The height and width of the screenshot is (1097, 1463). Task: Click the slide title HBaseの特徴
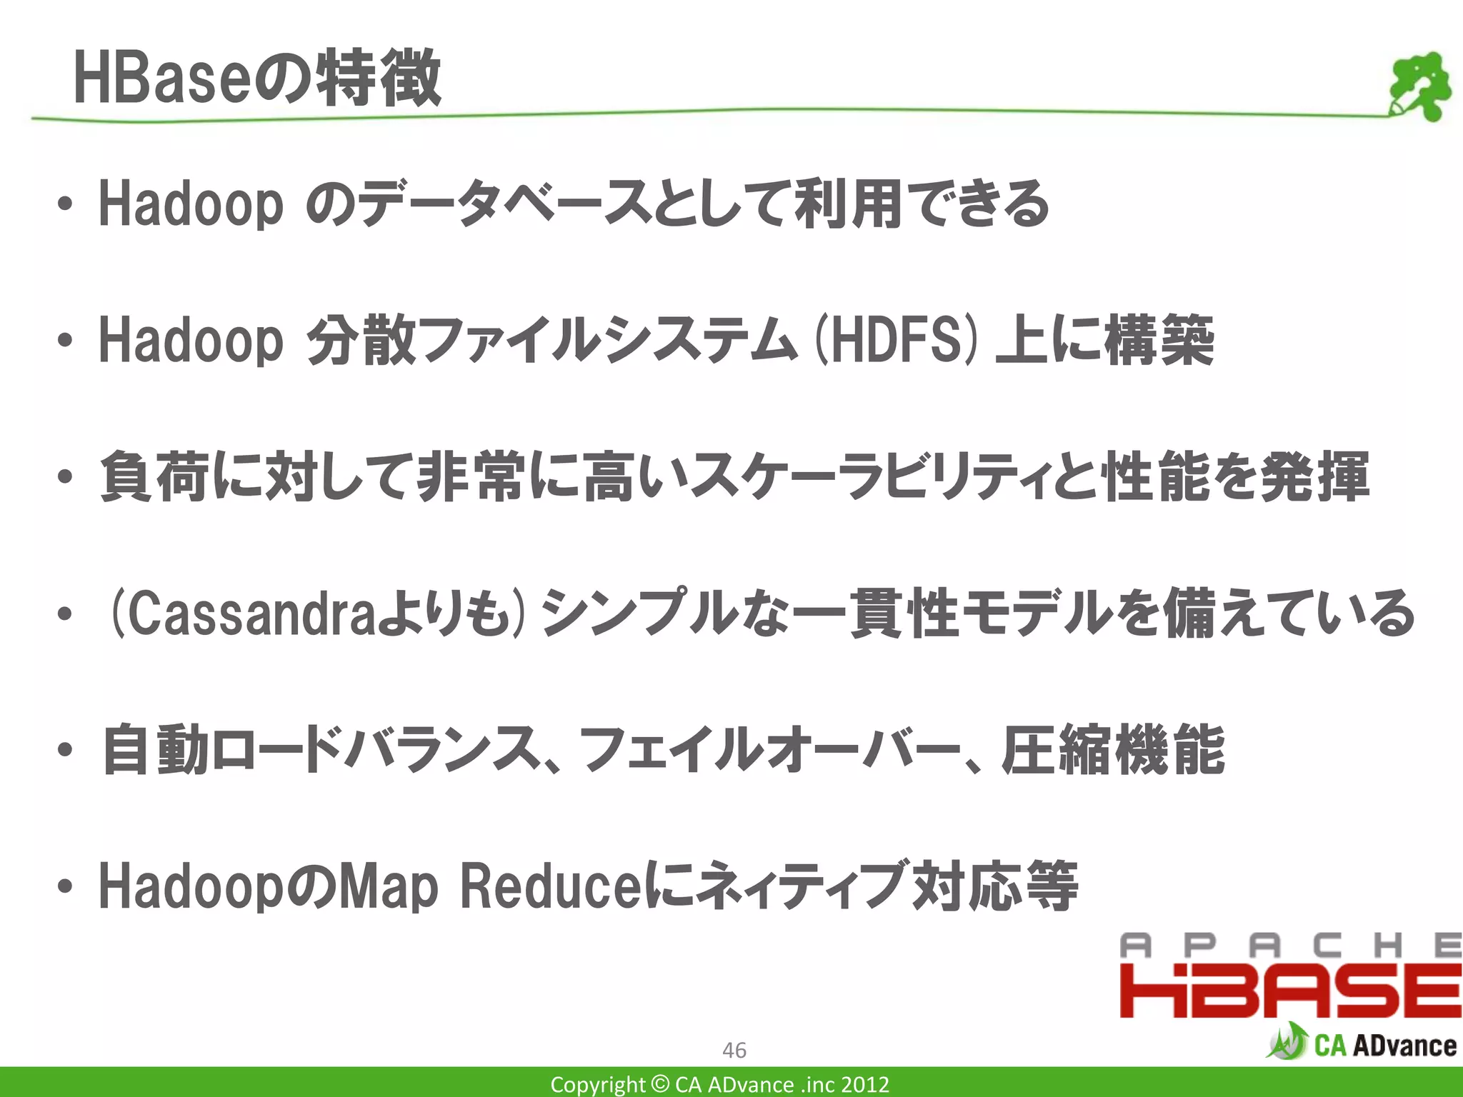[x=257, y=79]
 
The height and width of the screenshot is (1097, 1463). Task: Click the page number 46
[x=734, y=1050]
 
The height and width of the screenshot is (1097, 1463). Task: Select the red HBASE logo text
[x=1290, y=991]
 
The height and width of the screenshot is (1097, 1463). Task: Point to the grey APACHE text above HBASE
[x=1290, y=946]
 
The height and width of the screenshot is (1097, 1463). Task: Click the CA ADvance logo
[x=1362, y=1043]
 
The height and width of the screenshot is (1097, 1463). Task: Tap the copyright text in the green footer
[x=720, y=1084]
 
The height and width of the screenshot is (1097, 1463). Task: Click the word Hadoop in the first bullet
[x=191, y=204]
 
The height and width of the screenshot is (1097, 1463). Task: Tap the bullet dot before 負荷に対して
[x=65, y=477]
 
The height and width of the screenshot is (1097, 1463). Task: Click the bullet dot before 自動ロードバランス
[x=65, y=751]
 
